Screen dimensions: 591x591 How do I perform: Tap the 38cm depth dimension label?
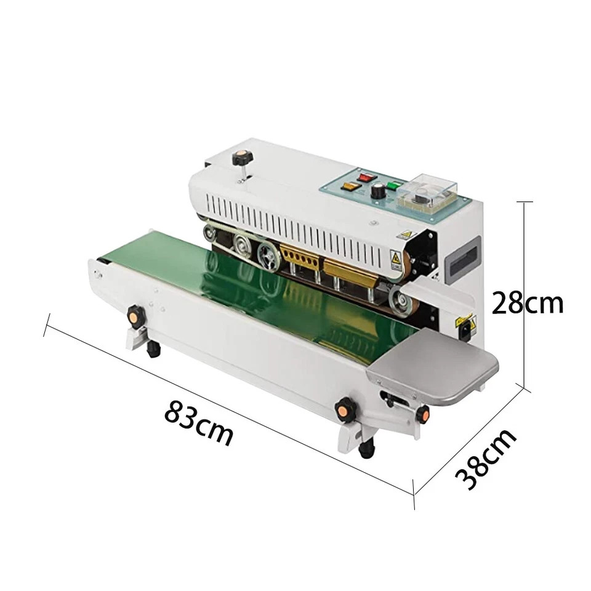486,459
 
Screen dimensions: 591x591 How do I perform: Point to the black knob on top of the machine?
238,159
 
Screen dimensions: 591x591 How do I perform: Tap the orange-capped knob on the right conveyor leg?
342,408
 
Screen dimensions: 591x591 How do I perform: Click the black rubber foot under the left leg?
151,350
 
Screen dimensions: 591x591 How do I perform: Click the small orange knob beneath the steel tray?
424,415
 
